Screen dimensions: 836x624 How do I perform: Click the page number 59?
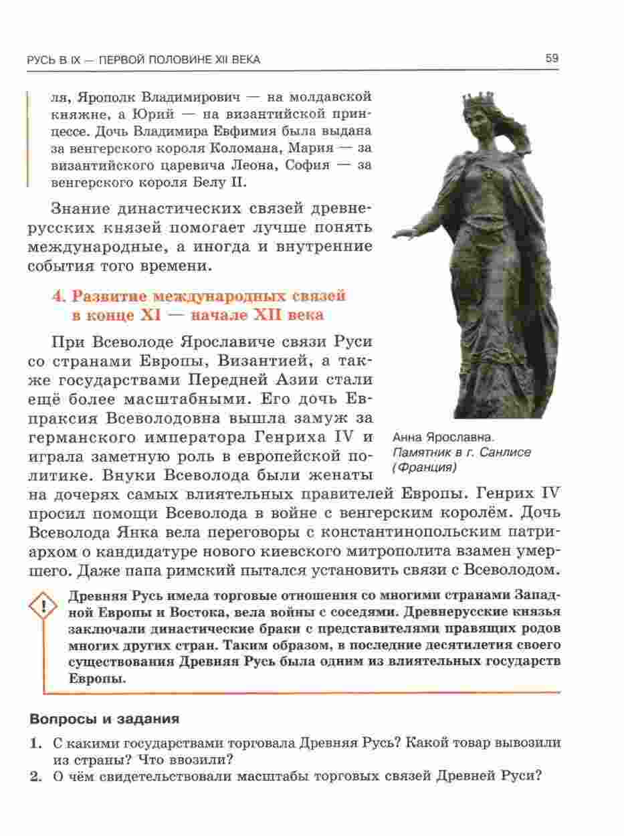tap(552, 58)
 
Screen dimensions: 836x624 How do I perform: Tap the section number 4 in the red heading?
tap(57, 296)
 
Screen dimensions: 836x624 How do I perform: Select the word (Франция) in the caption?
tap(424, 467)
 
